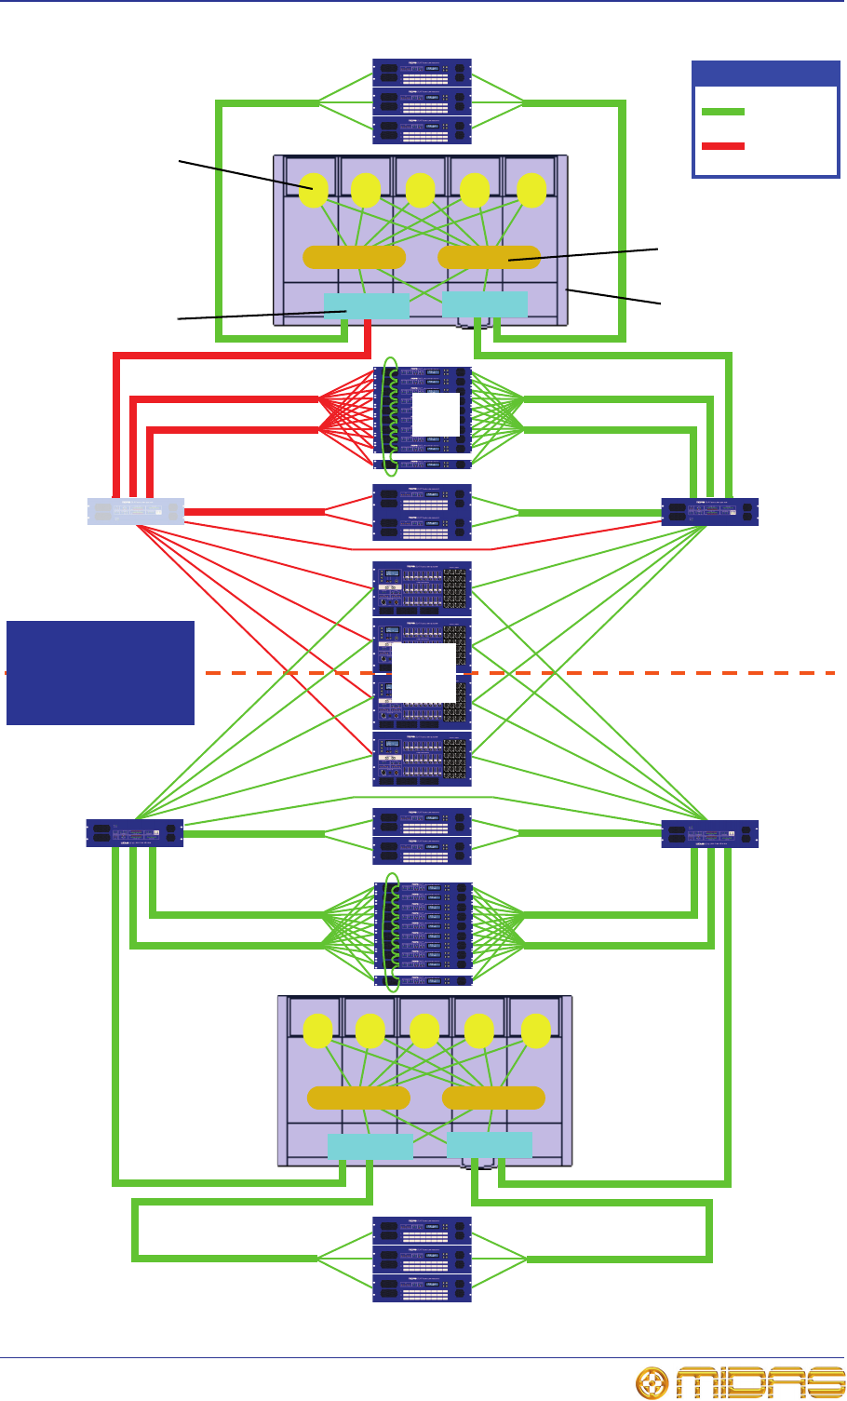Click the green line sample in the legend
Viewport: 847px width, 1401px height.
(x=722, y=112)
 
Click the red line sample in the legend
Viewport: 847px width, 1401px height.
(x=722, y=146)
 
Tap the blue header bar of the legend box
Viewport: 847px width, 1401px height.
(x=765, y=74)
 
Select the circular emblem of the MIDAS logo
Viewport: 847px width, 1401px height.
(x=652, y=1382)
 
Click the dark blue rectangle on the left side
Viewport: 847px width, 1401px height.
(x=101, y=672)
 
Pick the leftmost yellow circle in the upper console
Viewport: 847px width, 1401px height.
(x=314, y=190)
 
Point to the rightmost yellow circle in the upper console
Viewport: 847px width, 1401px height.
(x=531, y=190)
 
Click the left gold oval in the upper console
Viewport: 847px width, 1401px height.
(x=355, y=257)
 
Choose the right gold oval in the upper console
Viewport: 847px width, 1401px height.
(x=489, y=257)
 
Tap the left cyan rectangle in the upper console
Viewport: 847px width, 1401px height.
(x=366, y=305)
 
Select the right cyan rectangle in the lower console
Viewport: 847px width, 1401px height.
(x=490, y=1145)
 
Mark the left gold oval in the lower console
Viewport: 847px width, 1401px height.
(x=358, y=1098)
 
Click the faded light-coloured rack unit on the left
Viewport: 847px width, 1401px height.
(x=136, y=511)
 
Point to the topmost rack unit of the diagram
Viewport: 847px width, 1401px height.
(x=423, y=73)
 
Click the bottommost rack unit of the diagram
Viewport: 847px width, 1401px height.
(x=423, y=1289)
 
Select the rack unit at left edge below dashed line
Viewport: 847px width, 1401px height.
(x=135, y=832)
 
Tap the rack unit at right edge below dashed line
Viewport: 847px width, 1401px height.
(x=710, y=832)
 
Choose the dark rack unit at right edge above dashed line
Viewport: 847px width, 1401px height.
(x=710, y=511)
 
